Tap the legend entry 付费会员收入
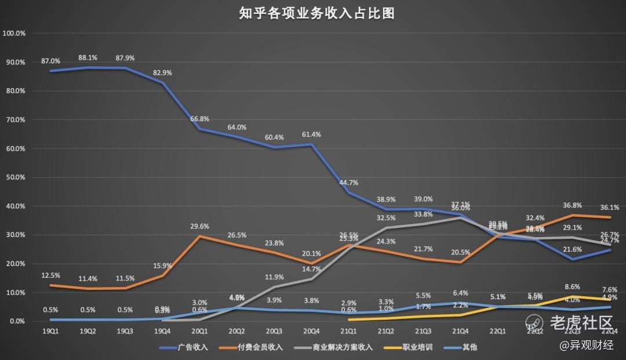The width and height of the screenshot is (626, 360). [264, 347]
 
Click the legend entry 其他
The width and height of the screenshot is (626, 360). [469, 347]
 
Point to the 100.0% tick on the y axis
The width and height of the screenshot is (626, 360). [14, 34]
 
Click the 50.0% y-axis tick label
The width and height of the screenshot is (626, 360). [15, 177]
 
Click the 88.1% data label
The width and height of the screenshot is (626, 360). [88, 58]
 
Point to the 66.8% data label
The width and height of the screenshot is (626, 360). [199, 118]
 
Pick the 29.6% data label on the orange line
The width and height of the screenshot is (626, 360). [199, 227]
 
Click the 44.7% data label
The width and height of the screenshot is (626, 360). [348, 183]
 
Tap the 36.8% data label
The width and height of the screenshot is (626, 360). [572, 205]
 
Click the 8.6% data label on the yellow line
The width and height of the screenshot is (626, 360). [572, 286]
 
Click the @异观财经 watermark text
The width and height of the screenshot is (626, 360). [586, 345]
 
